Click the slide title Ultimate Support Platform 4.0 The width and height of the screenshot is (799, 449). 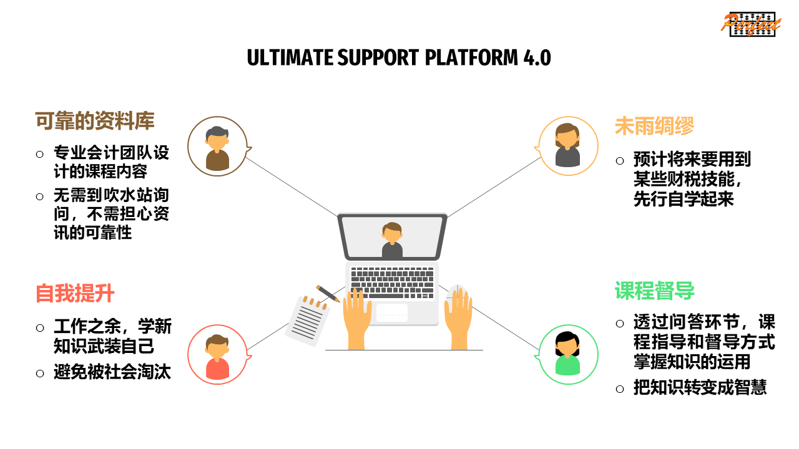point(399,57)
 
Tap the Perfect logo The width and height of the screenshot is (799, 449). point(751,23)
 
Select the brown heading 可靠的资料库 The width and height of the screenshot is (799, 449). point(94,121)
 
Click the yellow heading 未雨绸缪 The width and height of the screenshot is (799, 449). point(654,126)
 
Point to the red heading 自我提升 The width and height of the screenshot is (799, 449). point(75,293)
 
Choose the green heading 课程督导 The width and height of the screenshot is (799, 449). point(654,291)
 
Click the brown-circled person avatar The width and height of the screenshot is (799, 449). point(217,147)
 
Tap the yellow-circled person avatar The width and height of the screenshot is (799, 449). point(567,146)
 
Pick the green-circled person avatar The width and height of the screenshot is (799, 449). point(567,354)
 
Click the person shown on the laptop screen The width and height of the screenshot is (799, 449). point(392,240)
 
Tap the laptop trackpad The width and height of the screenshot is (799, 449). point(392,312)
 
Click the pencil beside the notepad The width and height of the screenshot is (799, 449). point(327,293)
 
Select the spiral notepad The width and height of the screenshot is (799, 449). point(307,319)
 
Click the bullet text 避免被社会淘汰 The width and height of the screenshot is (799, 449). point(112,373)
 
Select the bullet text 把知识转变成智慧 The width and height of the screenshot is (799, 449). point(700,387)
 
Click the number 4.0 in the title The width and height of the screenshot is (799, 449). point(534,57)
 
